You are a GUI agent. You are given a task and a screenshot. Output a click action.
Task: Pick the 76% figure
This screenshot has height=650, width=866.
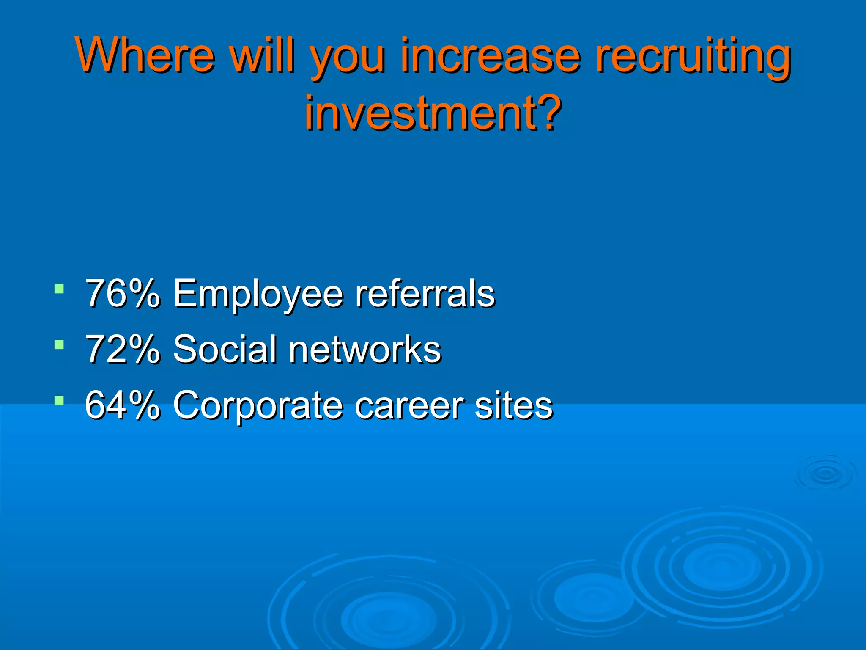click(123, 293)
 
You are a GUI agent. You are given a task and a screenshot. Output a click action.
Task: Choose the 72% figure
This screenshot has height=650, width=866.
click(123, 349)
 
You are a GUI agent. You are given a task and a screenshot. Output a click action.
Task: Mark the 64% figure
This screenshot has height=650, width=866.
click(123, 405)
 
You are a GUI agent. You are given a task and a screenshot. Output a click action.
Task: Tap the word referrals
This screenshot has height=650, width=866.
click(425, 293)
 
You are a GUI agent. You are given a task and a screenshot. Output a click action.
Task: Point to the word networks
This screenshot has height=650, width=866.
click(364, 349)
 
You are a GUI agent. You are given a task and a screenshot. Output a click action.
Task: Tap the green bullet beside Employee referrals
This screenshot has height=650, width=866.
click(59, 290)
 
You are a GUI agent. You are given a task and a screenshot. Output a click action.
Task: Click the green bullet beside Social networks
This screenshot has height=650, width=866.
click(59, 345)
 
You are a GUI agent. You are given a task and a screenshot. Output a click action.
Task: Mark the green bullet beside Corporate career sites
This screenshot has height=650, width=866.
click(59, 400)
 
